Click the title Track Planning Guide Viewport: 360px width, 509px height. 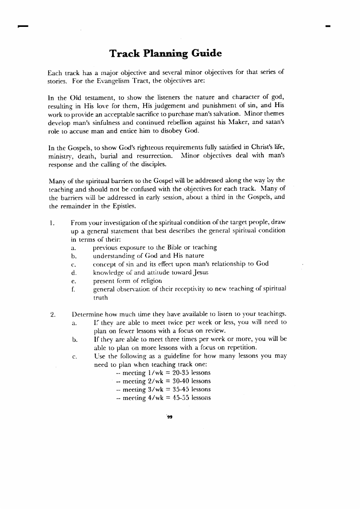click(165, 53)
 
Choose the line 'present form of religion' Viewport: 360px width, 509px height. click(127, 281)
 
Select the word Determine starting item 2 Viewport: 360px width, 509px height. click(87, 315)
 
